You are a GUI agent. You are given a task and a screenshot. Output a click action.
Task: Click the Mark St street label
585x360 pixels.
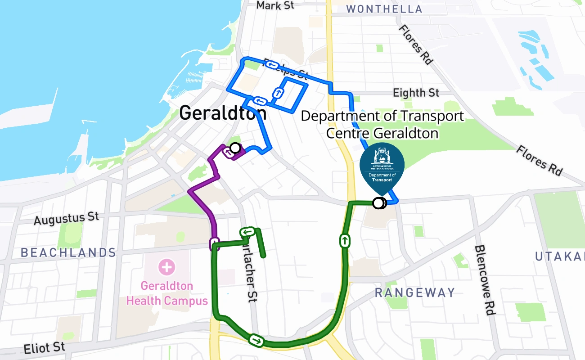point(275,6)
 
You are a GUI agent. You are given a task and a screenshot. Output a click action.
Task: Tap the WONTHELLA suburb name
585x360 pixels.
point(384,9)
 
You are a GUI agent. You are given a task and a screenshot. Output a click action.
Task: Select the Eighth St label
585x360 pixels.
point(416,93)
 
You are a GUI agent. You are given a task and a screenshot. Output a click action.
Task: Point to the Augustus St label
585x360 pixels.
point(66,219)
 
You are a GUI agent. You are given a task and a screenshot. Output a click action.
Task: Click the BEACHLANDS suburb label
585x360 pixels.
point(68,252)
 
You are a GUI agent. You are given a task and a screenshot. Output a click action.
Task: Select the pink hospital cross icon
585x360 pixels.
point(166,267)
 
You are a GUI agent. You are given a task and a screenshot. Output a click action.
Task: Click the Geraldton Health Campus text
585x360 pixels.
point(167,293)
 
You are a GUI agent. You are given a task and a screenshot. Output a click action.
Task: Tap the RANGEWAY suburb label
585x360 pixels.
point(415,293)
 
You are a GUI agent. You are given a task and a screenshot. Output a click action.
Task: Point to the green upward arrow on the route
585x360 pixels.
point(345,240)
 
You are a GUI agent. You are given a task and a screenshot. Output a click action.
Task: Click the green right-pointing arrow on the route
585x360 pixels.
point(256,340)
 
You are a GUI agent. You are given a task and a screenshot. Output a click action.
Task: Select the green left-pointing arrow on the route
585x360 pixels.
point(247,232)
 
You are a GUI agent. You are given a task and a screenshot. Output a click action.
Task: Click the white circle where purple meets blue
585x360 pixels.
point(235,148)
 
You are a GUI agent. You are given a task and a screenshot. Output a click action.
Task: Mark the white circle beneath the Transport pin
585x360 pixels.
point(378,203)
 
